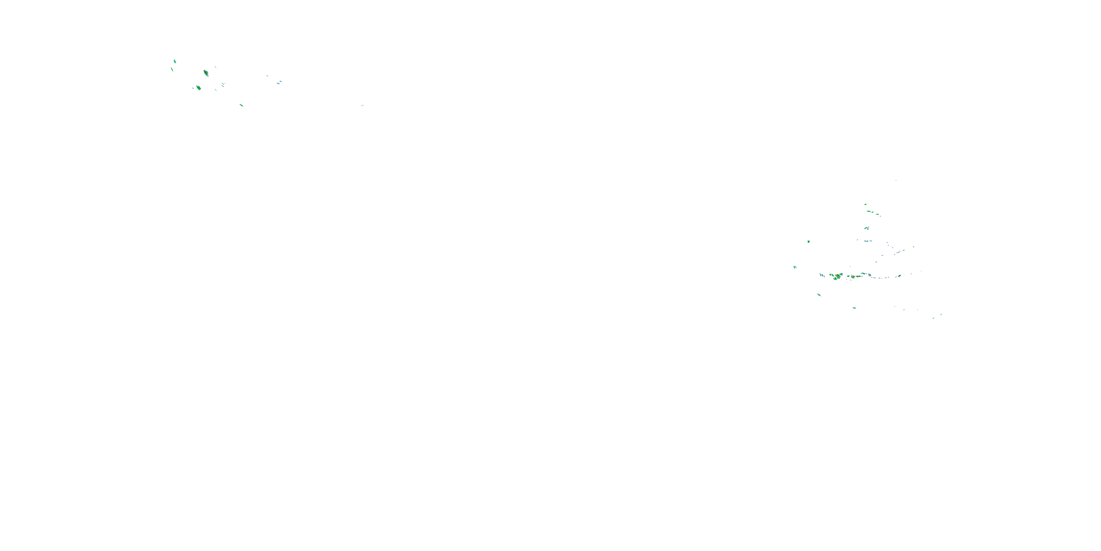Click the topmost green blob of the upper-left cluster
coord(174,61)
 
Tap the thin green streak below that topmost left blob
coord(172,69)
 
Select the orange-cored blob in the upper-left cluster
coord(206,73)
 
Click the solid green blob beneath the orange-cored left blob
coord(199,88)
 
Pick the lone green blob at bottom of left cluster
coord(241,105)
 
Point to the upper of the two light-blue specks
coord(280,81)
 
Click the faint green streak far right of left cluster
coord(362,105)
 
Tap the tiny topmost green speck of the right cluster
coord(896,180)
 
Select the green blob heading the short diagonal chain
coord(865,205)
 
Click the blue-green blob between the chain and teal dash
coord(867,228)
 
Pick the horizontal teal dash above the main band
coord(867,241)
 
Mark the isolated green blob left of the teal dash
coord(808,241)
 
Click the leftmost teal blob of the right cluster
coord(795,267)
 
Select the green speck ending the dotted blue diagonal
coord(914,246)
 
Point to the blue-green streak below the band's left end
coord(819,294)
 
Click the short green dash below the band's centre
coord(854,307)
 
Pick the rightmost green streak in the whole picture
coord(941,314)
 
